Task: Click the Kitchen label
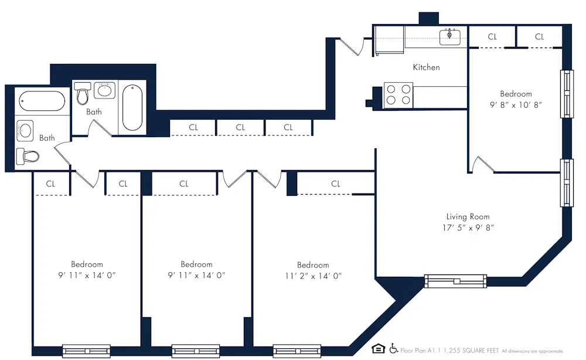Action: click(426, 67)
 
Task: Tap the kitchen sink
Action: click(450, 36)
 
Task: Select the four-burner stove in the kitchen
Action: click(398, 95)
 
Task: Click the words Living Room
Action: click(468, 216)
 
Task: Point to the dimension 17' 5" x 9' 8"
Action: click(469, 227)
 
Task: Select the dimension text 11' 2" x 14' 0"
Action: click(313, 276)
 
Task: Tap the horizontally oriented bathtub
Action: click(41, 100)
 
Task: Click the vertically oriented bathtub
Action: click(132, 108)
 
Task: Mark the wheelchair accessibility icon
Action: click(394, 349)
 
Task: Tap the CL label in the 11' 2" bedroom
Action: click(335, 184)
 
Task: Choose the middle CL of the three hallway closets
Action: click(240, 127)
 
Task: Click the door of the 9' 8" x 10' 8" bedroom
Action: click(483, 165)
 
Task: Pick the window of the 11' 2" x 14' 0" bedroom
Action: click(297, 351)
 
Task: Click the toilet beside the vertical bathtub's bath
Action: click(82, 93)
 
